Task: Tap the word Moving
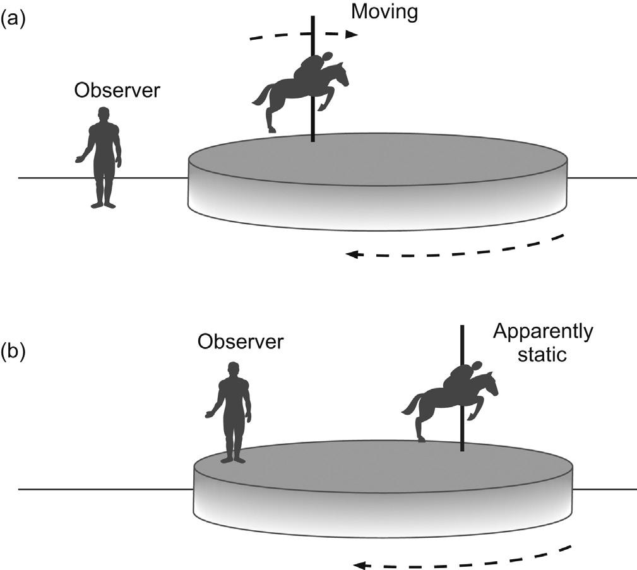coord(384,13)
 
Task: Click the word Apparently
coord(544,331)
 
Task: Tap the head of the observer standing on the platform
coord(234,368)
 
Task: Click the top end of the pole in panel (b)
coord(462,327)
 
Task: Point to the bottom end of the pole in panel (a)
coord(313,141)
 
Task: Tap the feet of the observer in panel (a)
coord(104,205)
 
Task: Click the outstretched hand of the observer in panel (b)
coord(209,414)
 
